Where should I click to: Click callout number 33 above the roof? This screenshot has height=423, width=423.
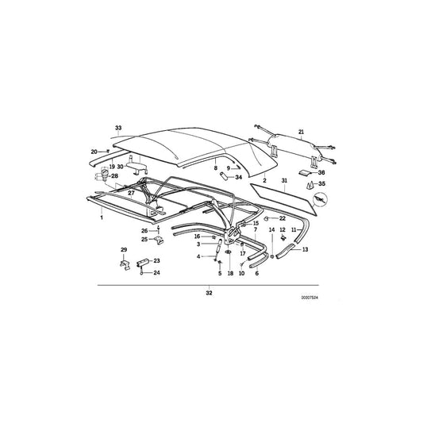click(118, 128)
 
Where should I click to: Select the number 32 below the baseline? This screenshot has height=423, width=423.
click(210, 292)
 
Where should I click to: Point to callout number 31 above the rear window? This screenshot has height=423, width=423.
click(285, 182)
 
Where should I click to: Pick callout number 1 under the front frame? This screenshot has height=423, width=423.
click(101, 217)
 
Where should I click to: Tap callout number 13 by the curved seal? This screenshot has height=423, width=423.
click(306, 249)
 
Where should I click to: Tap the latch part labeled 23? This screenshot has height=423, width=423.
click(144, 263)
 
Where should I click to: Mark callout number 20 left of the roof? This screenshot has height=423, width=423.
click(94, 151)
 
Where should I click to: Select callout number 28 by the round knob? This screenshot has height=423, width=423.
click(114, 175)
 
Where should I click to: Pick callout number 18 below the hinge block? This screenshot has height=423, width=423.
click(230, 273)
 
